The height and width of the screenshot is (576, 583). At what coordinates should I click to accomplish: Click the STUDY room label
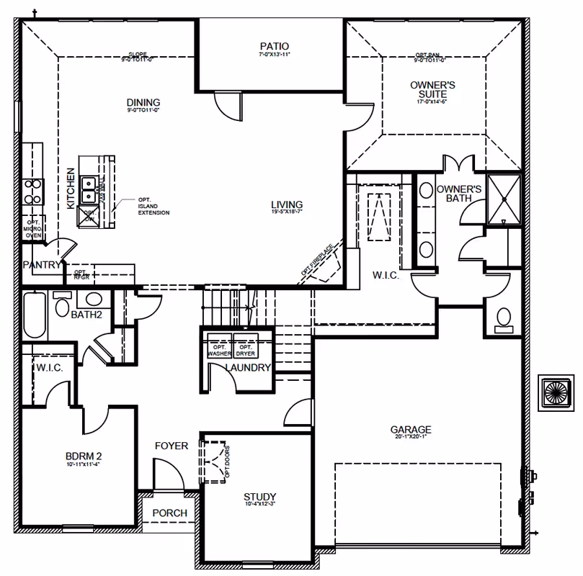(259, 497)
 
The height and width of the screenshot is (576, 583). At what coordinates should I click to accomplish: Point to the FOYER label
(172, 446)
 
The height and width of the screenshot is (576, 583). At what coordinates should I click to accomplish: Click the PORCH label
(170, 513)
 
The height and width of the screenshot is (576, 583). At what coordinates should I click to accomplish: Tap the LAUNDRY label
(247, 368)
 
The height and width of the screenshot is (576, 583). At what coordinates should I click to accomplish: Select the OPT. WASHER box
(219, 349)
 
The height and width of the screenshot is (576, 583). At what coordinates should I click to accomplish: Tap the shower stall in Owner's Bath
(504, 199)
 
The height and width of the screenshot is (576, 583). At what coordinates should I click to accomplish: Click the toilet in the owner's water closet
(504, 318)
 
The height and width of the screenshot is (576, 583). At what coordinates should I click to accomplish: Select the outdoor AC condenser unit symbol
(558, 393)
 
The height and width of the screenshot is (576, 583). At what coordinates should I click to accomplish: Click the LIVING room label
(286, 204)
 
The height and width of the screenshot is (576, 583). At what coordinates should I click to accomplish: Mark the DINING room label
(143, 102)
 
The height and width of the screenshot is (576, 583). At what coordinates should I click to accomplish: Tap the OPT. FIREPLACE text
(316, 259)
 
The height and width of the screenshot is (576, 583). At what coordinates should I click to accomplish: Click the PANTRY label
(42, 264)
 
